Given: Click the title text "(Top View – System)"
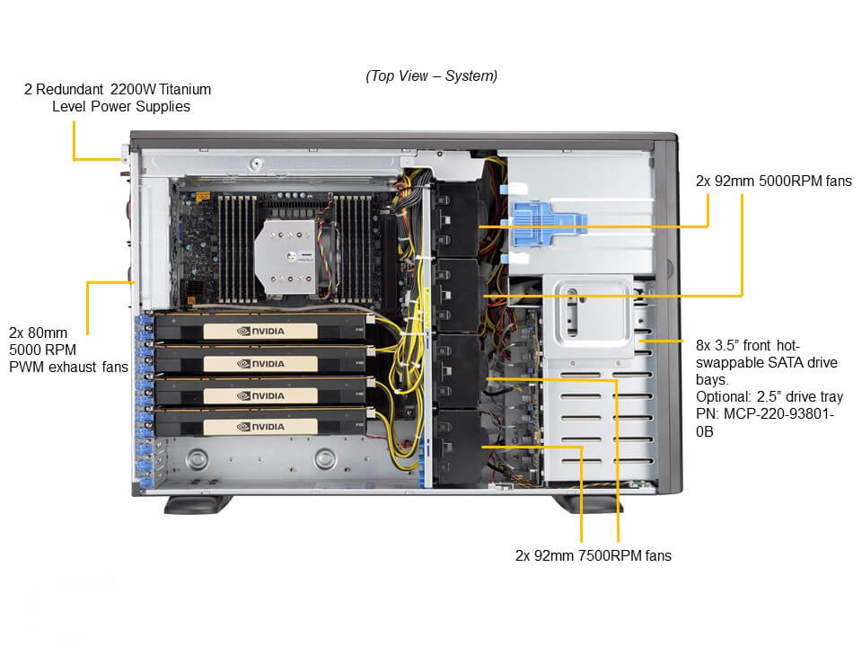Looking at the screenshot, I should (431, 76).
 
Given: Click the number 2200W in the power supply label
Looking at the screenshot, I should (131, 89).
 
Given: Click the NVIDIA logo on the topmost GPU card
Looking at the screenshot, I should (260, 330).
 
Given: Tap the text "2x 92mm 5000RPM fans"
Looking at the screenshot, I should (773, 181).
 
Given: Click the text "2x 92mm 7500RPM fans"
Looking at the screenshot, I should (593, 555).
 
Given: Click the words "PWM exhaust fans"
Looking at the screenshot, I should (68, 367).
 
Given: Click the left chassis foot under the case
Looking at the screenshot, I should (189, 503).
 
